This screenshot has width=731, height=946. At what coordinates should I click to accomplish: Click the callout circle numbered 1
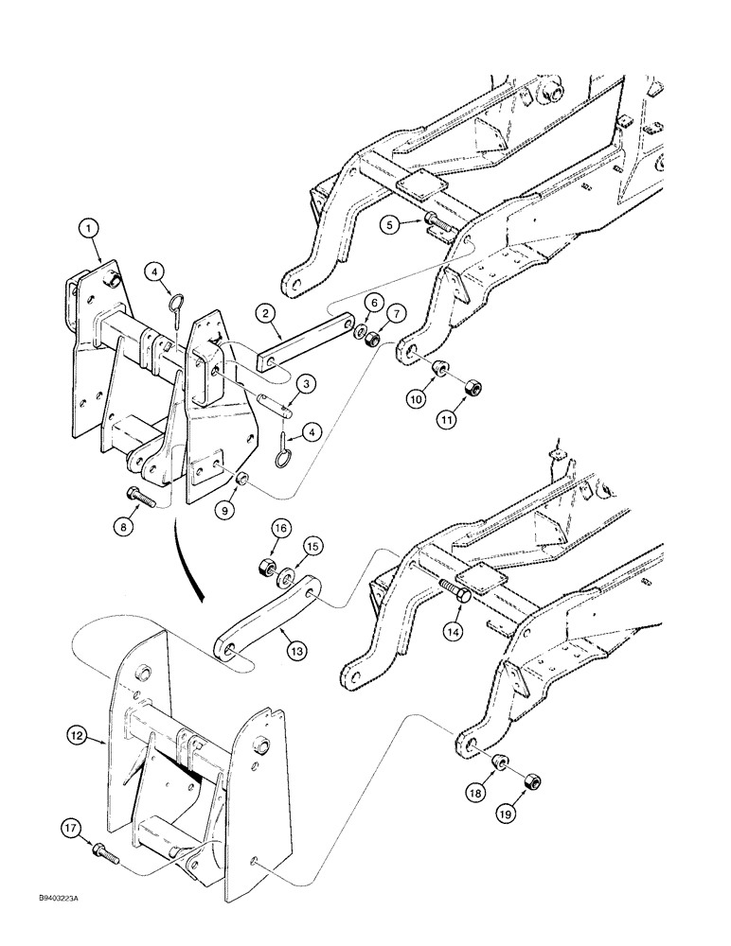tap(87, 228)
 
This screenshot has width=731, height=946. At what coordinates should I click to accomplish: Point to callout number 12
tap(80, 732)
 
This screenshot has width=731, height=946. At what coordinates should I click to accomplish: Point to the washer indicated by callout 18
tap(504, 761)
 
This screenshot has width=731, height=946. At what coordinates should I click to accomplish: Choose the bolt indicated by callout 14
tap(455, 592)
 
